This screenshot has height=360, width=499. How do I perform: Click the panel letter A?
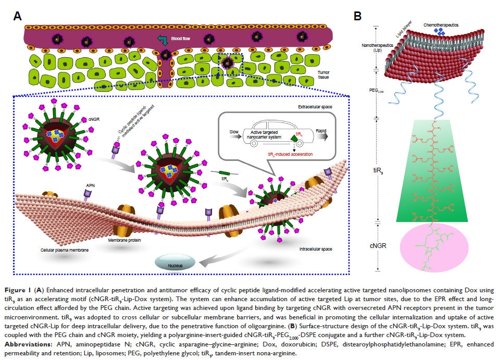pos(17,16)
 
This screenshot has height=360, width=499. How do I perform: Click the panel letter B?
pos(358,16)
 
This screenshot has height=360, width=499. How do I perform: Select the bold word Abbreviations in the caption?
pos(37,344)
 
